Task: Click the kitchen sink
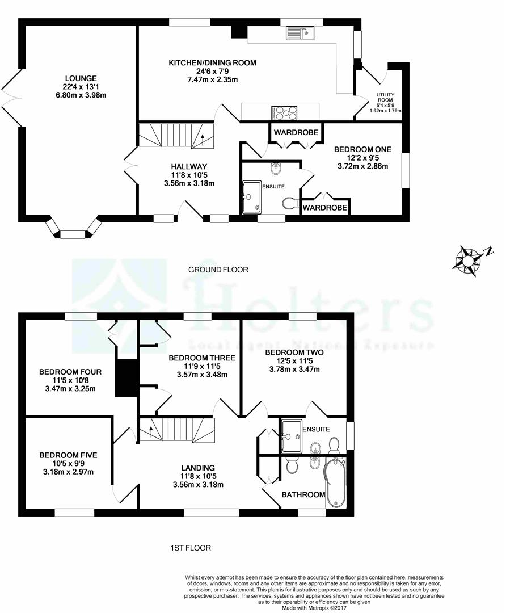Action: pyautogui.click(x=300, y=33)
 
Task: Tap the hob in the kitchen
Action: pyautogui.click(x=284, y=113)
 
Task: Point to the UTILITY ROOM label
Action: pyautogui.click(x=385, y=98)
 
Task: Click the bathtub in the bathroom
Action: pyautogui.click(x=336, y=483)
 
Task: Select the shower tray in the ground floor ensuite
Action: pyautogui.click(x=252, y=197)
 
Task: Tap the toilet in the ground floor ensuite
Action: pyautogui.click(x=290, y=203)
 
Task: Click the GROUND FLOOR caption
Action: pyautogui.click(x=218, y=270)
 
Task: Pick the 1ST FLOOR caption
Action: pyautogui.click(x=191, y=548)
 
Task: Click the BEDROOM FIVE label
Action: pyautogui.click(x=69, y=455)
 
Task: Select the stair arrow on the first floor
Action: pyautogui.click(x=151, y=432)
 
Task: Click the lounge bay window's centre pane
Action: pyautogui.click(x=72, y=234)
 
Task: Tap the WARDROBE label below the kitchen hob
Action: pyautogui.click(x=296, y=132)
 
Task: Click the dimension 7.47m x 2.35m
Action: pyautogui.click(x=213, y=80)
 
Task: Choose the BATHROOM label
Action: pyautogui.click(x=303, y=494)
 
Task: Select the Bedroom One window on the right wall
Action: pyautogui.click(x=406, y=170)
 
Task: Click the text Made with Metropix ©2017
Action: pyautogui.click(x=314, y=608)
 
